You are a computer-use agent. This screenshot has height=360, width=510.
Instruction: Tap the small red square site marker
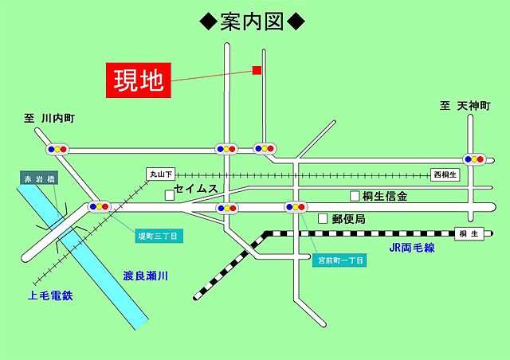point(257,71)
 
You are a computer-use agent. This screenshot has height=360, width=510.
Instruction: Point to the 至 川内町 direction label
point(49,118)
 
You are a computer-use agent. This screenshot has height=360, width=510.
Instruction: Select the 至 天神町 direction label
point(466,106)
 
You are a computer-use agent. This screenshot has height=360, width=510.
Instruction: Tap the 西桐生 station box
point(445,174)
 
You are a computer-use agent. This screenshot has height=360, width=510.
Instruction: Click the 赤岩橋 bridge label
point(39,179)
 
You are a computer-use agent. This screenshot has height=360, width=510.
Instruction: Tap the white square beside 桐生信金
point(355,195)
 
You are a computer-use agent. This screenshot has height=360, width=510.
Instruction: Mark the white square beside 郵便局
point(323,217)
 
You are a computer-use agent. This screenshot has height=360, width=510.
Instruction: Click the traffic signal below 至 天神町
point(476,158)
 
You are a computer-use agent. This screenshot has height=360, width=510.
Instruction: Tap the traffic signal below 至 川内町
point(57,149)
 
